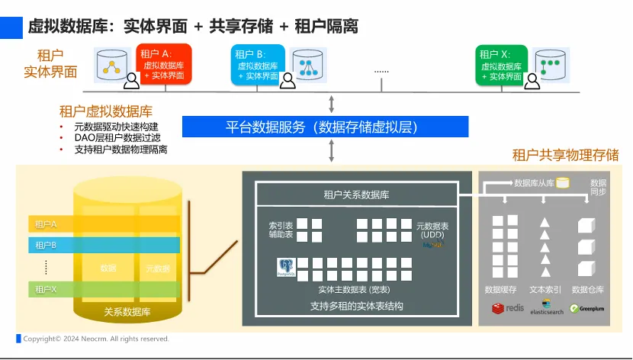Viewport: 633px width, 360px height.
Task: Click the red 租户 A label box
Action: point(164,65)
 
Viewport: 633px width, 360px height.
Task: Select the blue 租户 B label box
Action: point(258,65)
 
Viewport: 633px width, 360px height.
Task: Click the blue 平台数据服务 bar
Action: point(325,127)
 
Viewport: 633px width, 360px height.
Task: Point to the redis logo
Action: point(508,308)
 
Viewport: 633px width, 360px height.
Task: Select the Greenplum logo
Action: point(587,308)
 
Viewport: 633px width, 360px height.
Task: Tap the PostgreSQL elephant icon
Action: point(284,266)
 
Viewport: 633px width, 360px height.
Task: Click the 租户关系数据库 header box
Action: point(356,195)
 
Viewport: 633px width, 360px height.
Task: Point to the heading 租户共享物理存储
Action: point(565,155)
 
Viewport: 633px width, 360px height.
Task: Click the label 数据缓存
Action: point(501,290)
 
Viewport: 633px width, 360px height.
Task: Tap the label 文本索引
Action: point(545,290)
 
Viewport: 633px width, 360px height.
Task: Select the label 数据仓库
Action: point(587,290)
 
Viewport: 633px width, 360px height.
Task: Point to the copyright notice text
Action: point(96,339)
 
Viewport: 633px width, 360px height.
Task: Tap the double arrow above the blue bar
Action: point(332,104)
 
